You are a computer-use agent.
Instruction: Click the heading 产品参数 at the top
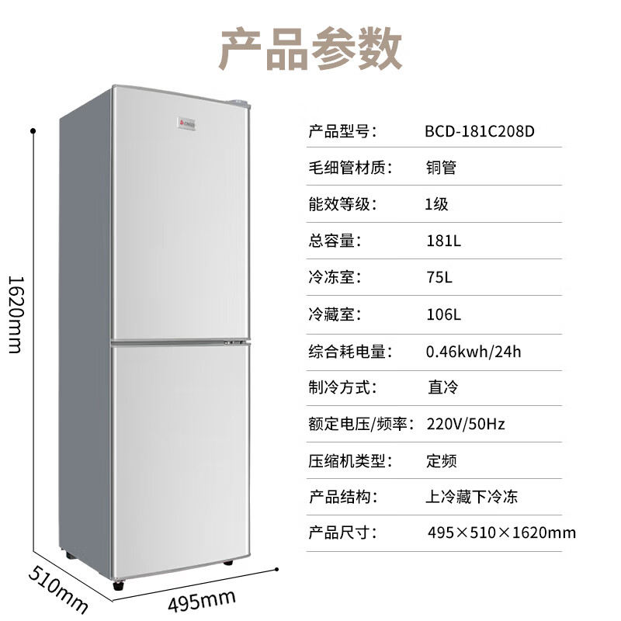pyautogui.click(x=310, y=49)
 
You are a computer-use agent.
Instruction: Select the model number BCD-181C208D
pyautogui.click(x=480, y=131)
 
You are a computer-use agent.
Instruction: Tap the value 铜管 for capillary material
pyautogui.click(x=441, y=168)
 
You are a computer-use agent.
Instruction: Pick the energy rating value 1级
pyautogui.click(x=436, y=204)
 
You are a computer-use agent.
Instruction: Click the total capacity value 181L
pyautogui.click(x=443, y=241)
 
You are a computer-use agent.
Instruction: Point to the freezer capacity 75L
pyautogui.click(x=439, y=277)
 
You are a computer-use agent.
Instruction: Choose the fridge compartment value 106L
pyautogui.click(x=443, y=315)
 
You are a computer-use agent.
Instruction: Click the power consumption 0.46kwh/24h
pyautogui.click(x=474, y=352)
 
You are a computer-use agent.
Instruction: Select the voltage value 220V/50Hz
pyautogui.click(x=466, y=424)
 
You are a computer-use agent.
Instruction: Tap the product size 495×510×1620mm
pyautogui.click(x=501, y=533)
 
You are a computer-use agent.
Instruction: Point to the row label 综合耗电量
pyautogui.click(x=350, y=352)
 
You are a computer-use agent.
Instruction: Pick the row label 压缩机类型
pyautogui.click(x=350, y=461)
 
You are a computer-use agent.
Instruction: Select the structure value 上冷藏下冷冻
pyautogui.click(x=472, y=497)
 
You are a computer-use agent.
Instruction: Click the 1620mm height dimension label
pyautogui.click(x=16, y=314)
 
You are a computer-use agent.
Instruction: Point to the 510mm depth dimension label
pyautogui.click(x=58, y=589)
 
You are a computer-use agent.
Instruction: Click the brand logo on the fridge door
pyautogui.click(x=186, y=123)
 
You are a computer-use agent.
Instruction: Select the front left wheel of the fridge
pyautogui.click(x=119, y=585)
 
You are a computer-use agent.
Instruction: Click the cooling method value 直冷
pyautogui.click(x=442, y=387)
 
